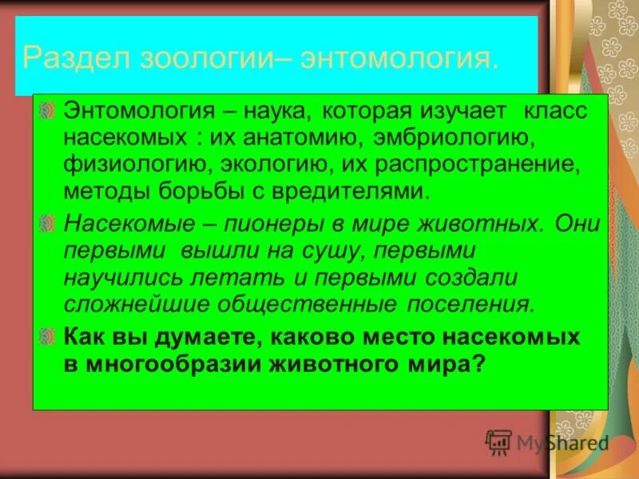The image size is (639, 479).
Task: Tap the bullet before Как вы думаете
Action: (x=49, y=336)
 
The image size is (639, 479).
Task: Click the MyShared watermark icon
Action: (x=498, y=440)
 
